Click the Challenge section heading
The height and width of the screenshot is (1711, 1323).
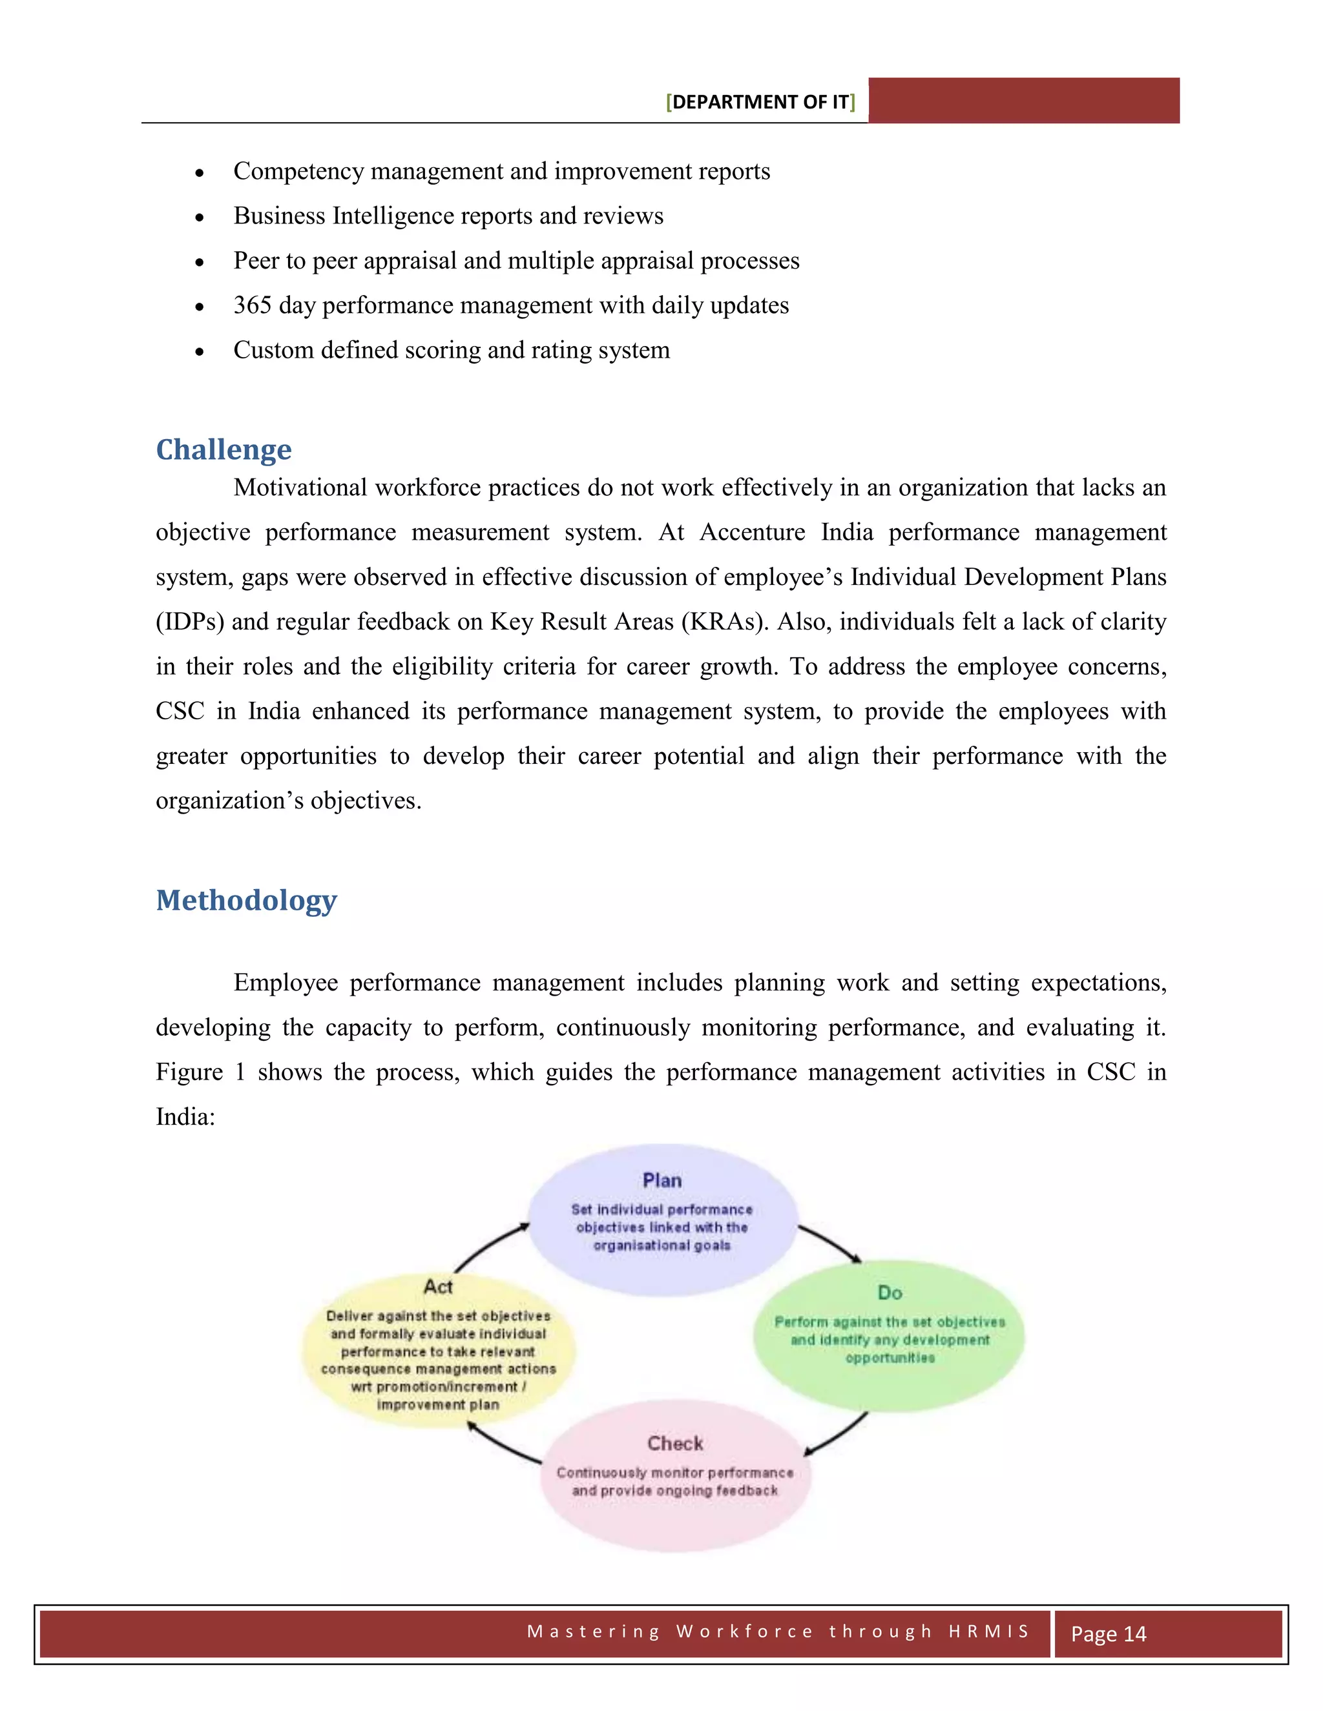tap(224, 449)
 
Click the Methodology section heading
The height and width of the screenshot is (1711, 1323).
tap(246, 900)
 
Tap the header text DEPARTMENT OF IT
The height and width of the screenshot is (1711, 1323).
tap(760, 102)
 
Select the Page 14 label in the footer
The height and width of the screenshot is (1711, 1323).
tap(1109, 1634)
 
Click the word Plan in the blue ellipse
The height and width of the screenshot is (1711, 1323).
tap(661, 1181)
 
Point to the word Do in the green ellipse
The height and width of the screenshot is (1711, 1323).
tap(890, 1293)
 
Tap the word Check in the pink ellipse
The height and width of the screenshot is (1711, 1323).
tap(675, 1443)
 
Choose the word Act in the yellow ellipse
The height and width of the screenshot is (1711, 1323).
tap(438, 1286)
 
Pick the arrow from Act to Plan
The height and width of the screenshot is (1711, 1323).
tap(491, 1245)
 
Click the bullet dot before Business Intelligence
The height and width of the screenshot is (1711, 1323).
tap(200, 217)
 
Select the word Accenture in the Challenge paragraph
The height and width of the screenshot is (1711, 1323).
tap(752, 532)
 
